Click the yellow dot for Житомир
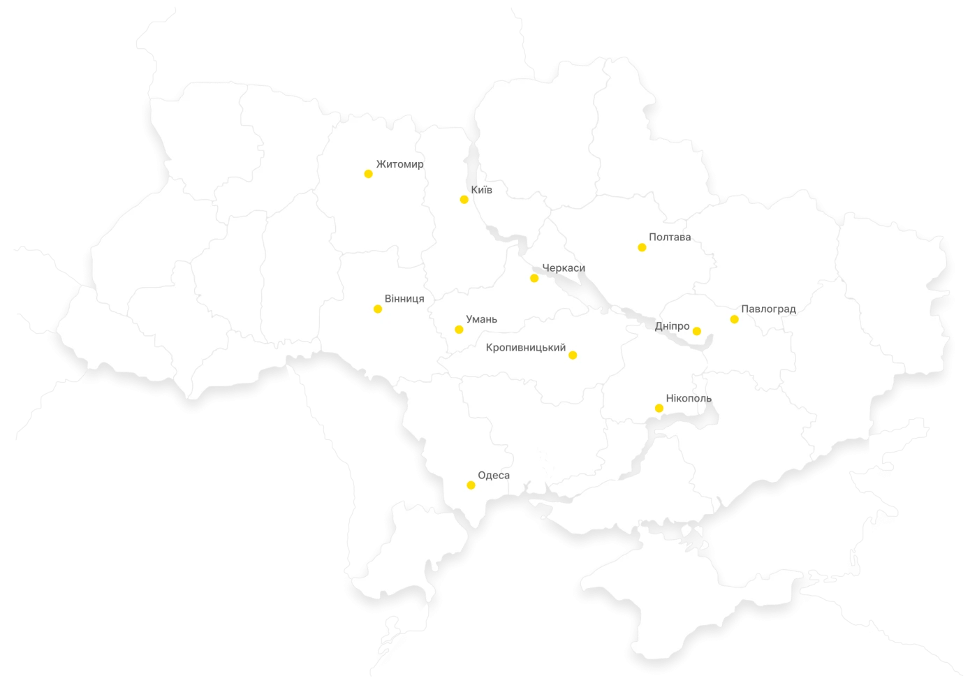(x=368, y=174)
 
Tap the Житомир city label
(x=399, y=164)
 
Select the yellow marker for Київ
(x=464, y=200)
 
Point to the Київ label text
(x=482, y=190)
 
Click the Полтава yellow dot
(x=642, y=247)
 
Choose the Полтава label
(x=670, y=237)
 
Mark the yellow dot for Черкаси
(x=534, y=279)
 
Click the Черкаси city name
(x=564, y=269)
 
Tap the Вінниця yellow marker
(x=378, y=309)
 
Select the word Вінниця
(x=404, y=299)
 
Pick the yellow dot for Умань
(x=459, y=330)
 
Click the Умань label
(x=481, y=320)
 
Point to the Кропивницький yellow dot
(x=573, y=355)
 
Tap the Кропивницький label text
(x=525, y=347)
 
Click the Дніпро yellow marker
(x=696, y=331)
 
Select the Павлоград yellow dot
(x=734, y=319)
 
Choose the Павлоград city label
(x=768, y=309)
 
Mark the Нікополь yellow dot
(x=659, y=408)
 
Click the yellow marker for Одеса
(x=471, y=485)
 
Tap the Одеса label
(x=494, y=476)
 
